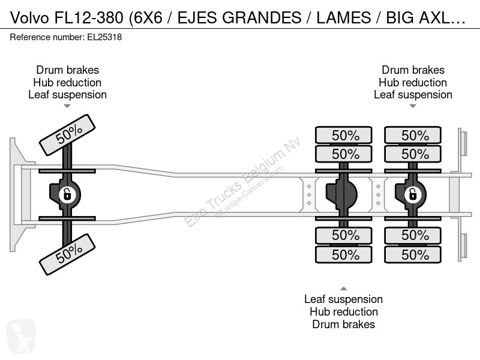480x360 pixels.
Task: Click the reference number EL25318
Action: click(104, 37)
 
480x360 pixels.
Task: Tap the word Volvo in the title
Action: click(29, 18)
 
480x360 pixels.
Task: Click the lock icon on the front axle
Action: click(67, 194)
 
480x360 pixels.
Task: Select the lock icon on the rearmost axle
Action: click(412, 194)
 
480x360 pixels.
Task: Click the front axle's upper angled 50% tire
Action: click(67, 135)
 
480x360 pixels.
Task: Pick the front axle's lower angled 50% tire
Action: click(67, 254)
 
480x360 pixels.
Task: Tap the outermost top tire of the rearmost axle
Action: click(413, 135)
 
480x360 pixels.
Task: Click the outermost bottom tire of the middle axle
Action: click(343, 254)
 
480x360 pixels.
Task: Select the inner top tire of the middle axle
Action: click(343, 154)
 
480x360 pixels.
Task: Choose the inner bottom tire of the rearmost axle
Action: click(413, 235)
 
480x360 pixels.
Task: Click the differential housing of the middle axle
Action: click(341, 194)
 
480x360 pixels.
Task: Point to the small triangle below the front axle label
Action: click(67, 106)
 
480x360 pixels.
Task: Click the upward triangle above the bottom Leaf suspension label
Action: click(343, 289)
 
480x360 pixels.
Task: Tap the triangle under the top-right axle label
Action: click(413, 106)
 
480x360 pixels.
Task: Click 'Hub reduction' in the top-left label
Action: click(67, 83)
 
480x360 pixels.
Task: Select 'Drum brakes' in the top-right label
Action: click(413, 70)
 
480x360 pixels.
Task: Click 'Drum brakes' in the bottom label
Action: click(343, 325)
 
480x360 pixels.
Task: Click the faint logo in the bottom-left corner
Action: click(21, 336)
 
